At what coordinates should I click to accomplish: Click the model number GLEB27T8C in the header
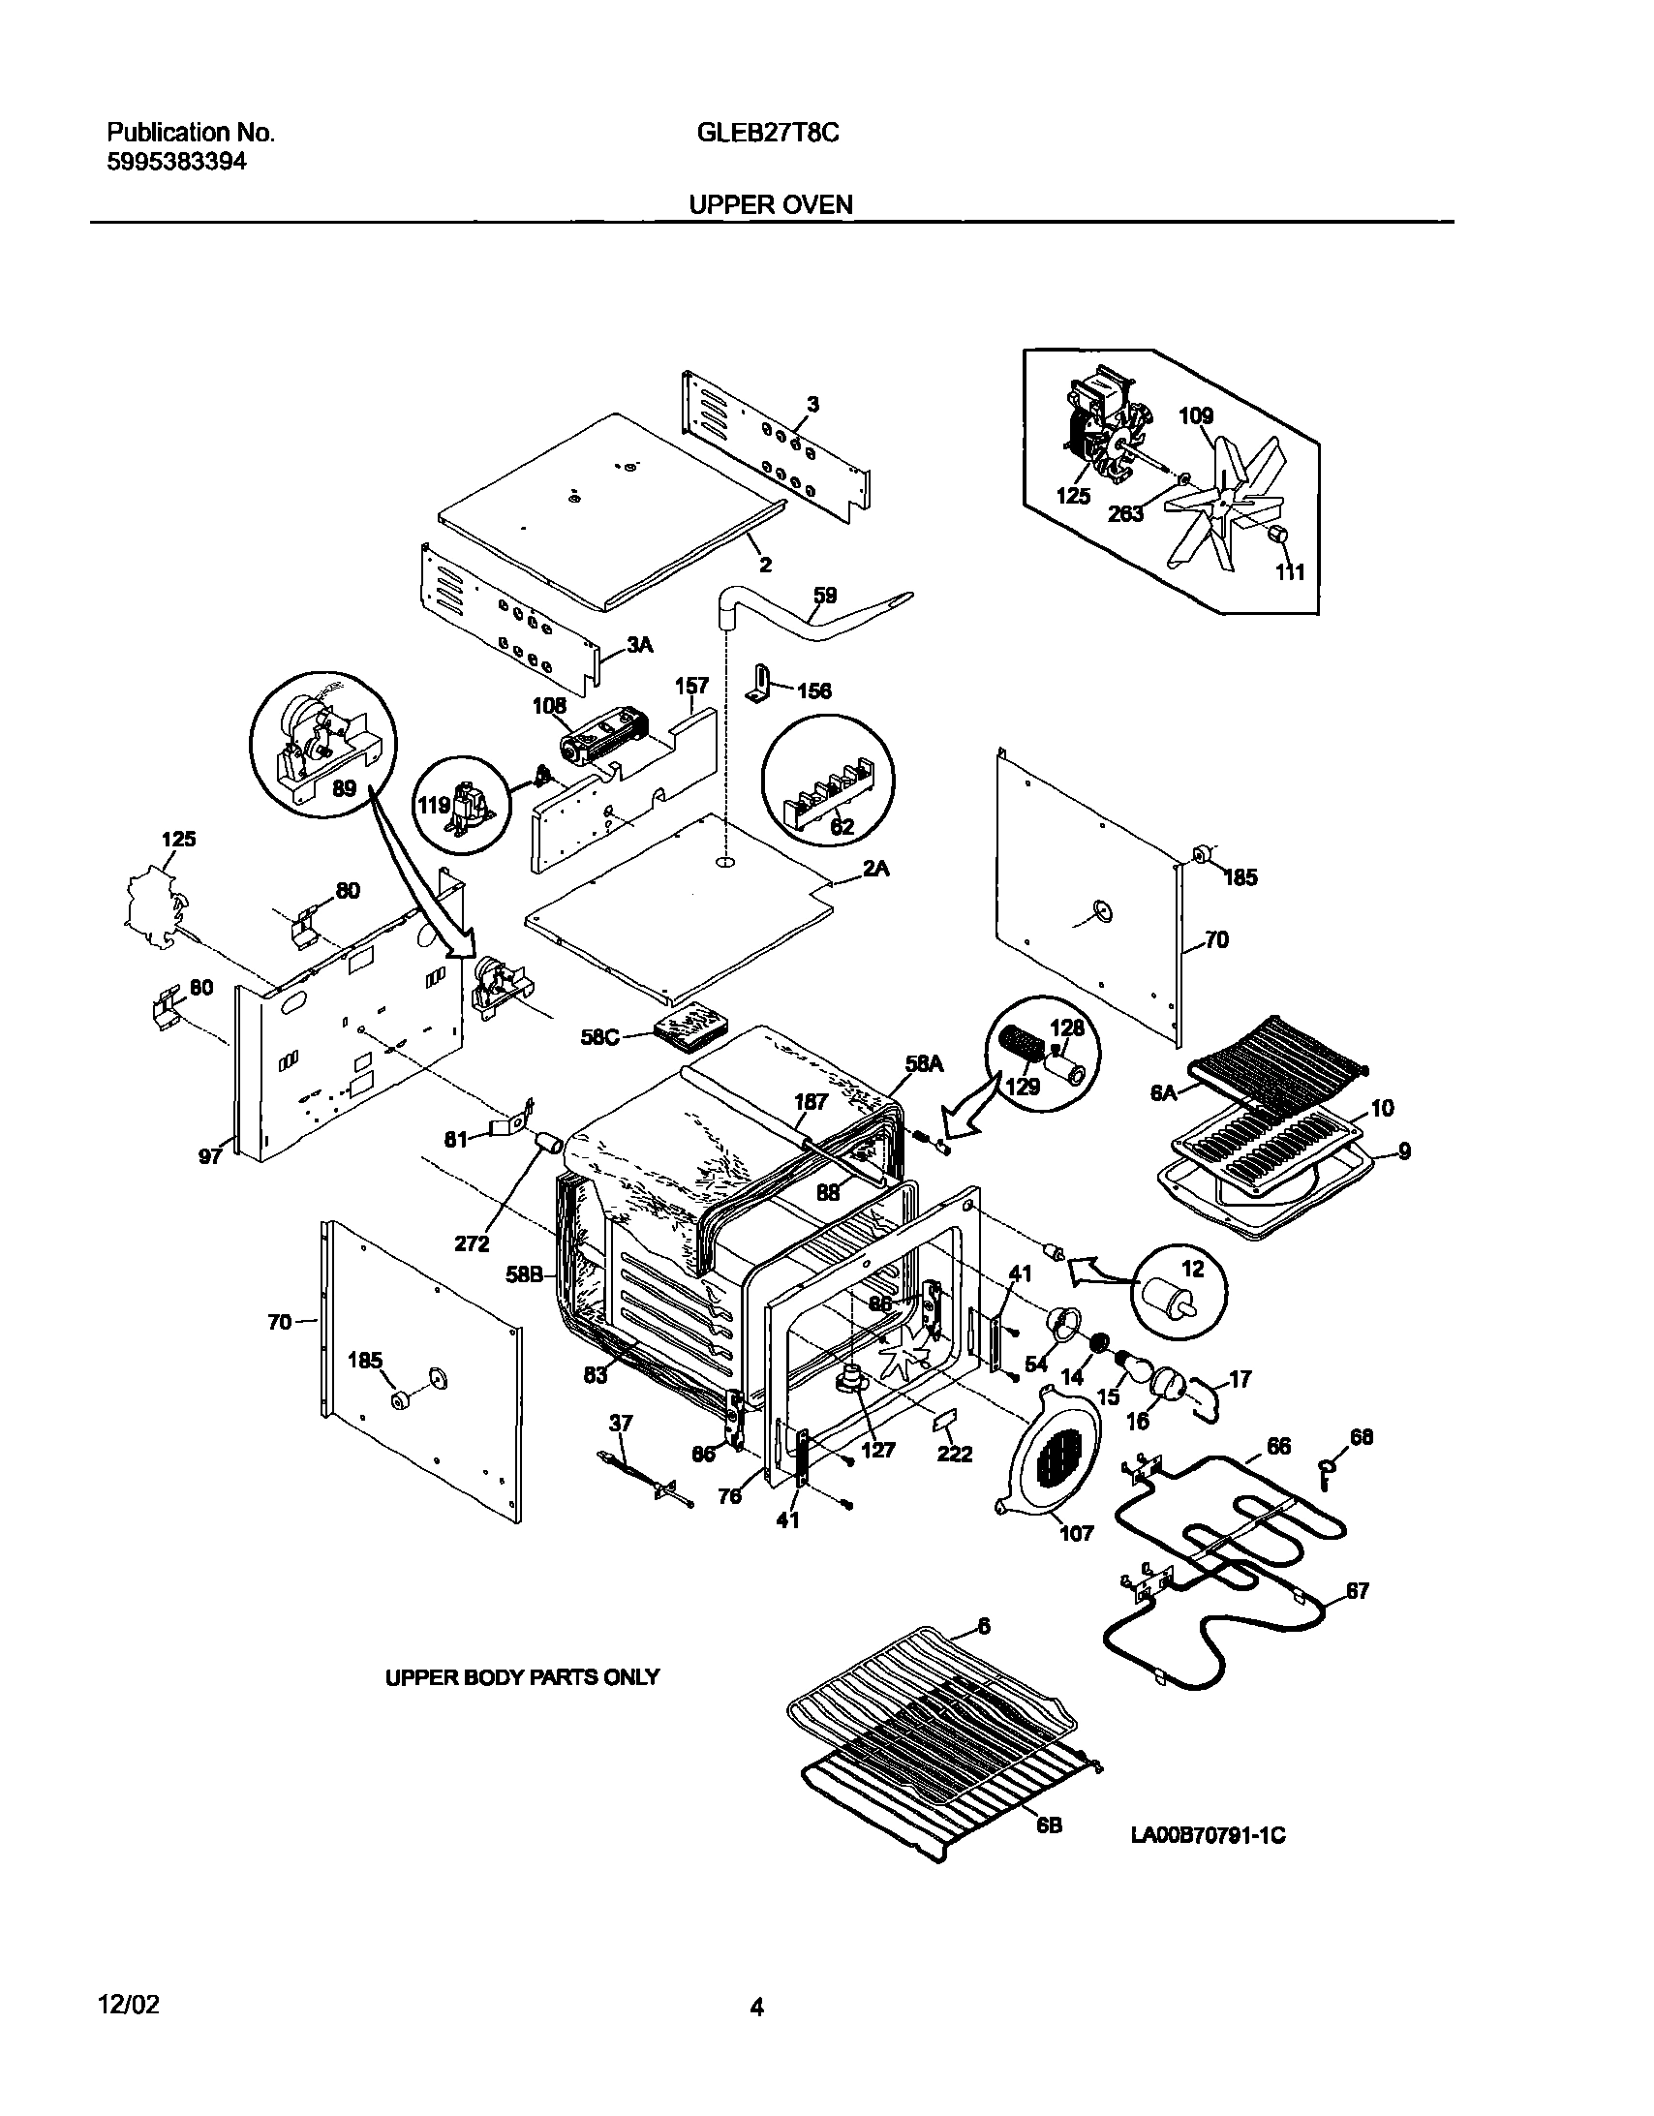767,134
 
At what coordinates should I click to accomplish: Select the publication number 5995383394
175,162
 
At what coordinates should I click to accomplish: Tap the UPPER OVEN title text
770,205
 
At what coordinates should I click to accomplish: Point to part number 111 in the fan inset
1290,571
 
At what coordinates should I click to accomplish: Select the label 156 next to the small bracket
813,690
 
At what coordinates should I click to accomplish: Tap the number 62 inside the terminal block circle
842,826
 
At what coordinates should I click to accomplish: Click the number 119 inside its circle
433,805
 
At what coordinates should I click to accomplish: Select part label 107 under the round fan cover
1077,1533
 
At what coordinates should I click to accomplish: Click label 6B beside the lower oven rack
1050,1825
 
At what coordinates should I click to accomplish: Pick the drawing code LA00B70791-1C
1209,1835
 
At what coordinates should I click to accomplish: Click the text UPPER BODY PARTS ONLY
522,1677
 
